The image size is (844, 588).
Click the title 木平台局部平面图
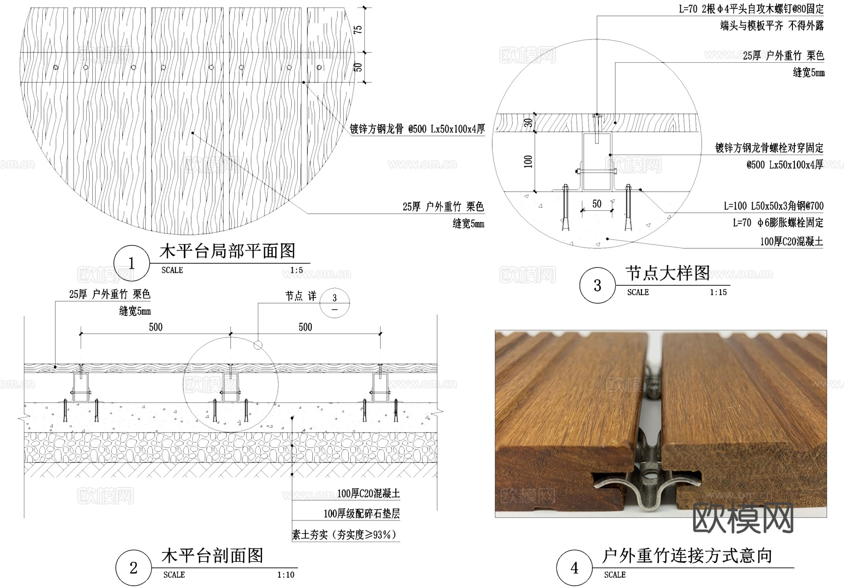[227, 251]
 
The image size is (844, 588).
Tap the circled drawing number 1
[131, 263]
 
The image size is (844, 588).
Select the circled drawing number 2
[133, 568]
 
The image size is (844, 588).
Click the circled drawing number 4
[574, 568]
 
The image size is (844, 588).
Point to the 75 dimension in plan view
[358, 30]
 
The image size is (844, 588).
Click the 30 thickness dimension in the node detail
[528, 123]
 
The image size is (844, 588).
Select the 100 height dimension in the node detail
[528, 162]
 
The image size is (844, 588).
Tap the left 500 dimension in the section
[156, 327]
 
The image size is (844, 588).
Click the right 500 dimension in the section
[305, 327]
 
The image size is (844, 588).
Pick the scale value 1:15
[718, 292]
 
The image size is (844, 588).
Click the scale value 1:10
[286, 575]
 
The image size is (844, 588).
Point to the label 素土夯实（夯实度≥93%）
[345, 535]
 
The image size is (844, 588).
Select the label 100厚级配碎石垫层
[362, 514]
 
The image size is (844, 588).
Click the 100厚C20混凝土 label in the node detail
[791, 241]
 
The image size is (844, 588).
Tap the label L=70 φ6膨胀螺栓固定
[778, 223]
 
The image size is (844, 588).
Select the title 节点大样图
[667, 273]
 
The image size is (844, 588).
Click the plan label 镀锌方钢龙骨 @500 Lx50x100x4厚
[417, 129]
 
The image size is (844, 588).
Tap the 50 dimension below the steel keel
[596, 204]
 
